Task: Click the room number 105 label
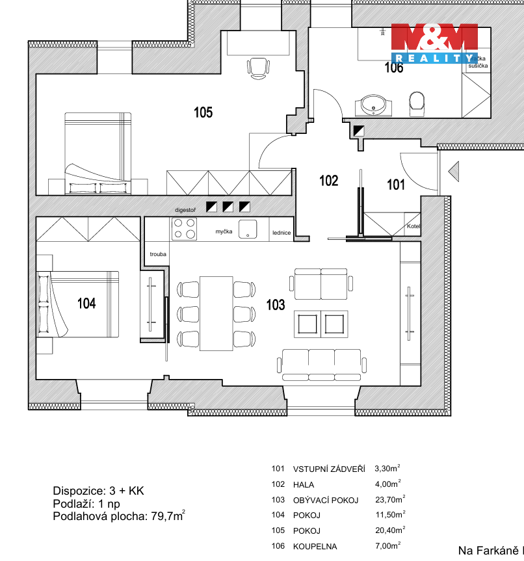click(203, 112)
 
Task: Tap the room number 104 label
click(86, 303)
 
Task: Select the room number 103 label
click(276, 304)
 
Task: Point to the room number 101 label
click(396, 185)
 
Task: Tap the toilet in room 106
click(417, 102)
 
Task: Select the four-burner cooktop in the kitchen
click(184, 229)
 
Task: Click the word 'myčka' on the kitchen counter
click(224, 231)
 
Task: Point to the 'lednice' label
click(281, 231)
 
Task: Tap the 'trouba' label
click(157, 254)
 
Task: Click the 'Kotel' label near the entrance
click(413, 227)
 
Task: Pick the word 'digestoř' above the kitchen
click(185, 211)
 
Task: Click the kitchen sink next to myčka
click(247, 228)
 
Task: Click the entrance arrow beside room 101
click(454, 172)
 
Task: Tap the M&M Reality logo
click(434, 43)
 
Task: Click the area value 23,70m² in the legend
click(389, 499)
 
